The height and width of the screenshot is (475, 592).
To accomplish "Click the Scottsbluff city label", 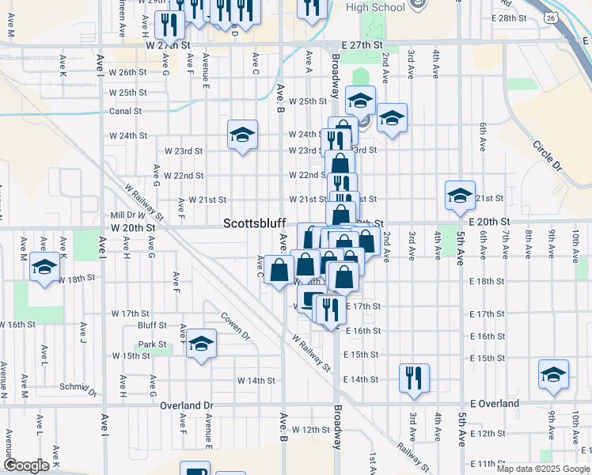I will [253, 224].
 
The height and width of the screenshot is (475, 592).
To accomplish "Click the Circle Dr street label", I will [546, 157].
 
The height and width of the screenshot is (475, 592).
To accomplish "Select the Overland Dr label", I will [187, 405].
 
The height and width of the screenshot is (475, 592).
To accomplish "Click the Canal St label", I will [125, 112].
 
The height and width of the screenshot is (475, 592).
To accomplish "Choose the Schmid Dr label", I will [78, 387].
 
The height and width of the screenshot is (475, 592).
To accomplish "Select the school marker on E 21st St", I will [459, 195].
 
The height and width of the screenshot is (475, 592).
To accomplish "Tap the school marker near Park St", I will [201, 344].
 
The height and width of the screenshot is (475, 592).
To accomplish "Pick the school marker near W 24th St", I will [242, 133].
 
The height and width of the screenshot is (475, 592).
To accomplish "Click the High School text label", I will [375, 8].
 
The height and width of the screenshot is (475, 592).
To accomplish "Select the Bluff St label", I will [152, 325].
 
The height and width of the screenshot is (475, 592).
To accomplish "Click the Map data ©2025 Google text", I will [542, 469].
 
